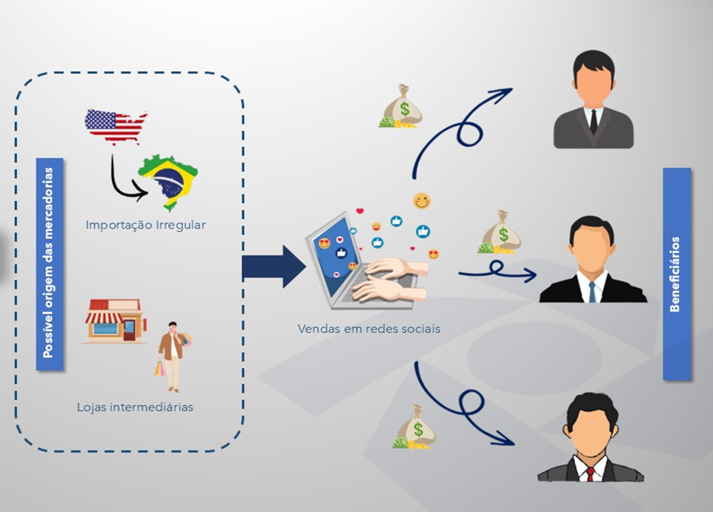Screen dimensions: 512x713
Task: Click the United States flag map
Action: [x=114, y=126]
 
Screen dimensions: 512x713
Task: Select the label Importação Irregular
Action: [x=145, y=225]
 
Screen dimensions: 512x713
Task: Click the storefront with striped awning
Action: [x=114, y=321]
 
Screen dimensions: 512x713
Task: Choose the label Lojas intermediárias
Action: [x=135, y=407]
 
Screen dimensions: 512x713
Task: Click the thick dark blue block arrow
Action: [x=273, y=266]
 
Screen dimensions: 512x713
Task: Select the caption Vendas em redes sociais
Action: [x=368, y=328]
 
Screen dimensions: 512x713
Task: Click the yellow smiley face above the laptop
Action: [x=422, y=201]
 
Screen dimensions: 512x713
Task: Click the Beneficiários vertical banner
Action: [x=676, y=274]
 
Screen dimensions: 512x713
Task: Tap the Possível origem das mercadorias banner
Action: [x=49, y=263]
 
